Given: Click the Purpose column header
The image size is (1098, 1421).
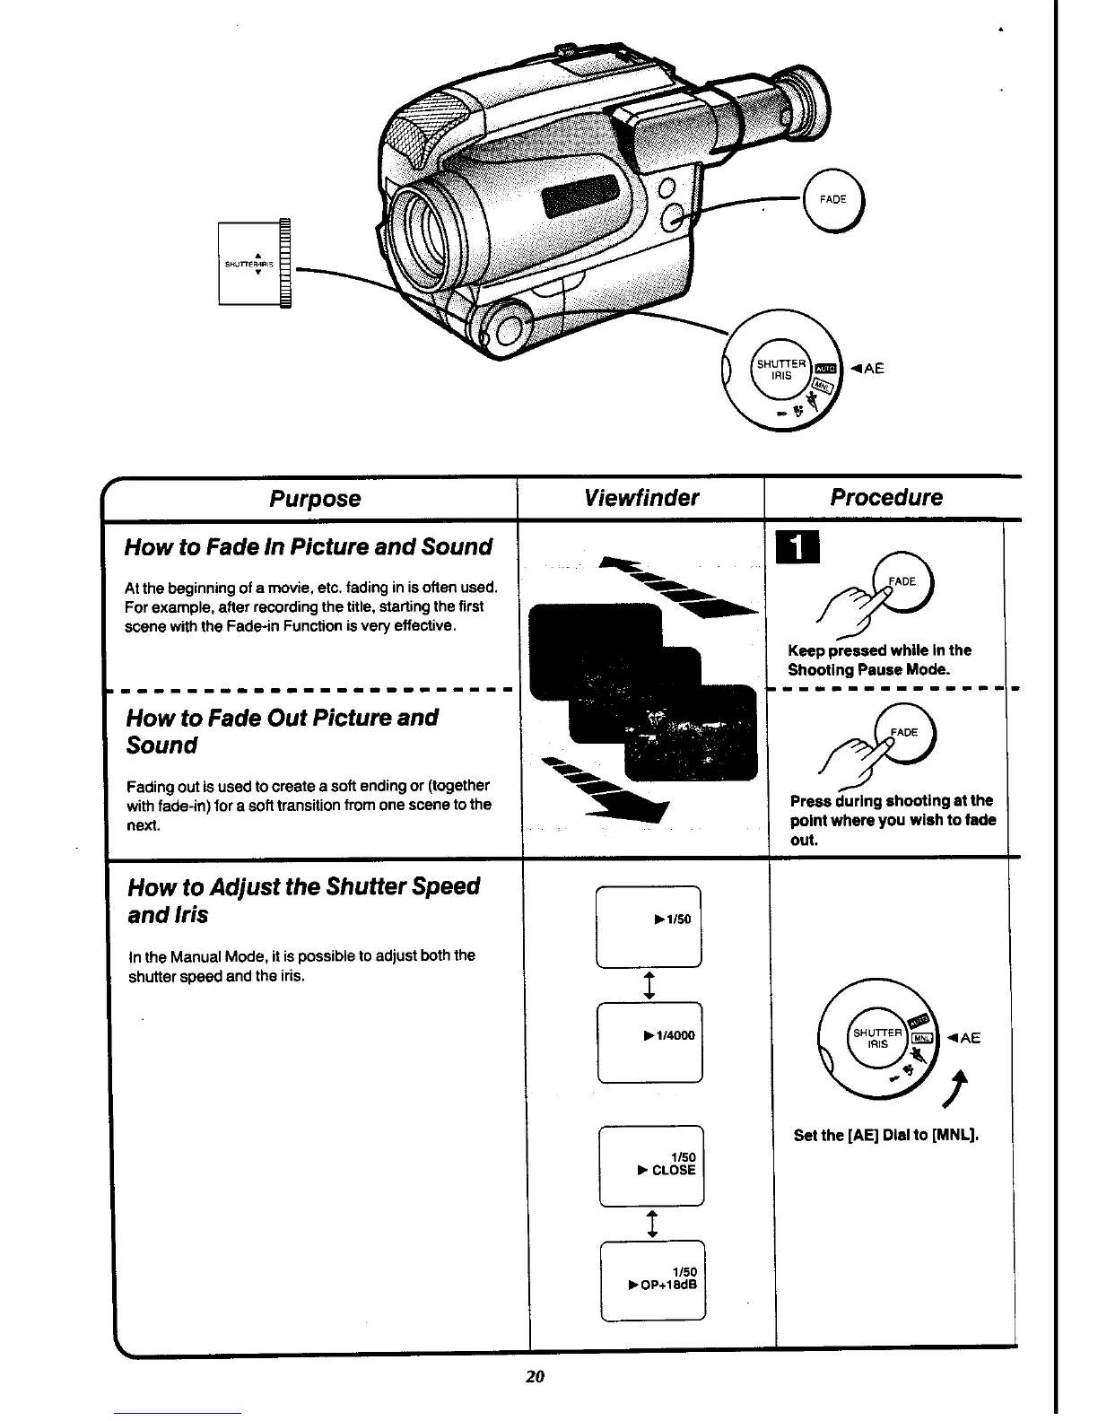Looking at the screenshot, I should [x=315, y=499].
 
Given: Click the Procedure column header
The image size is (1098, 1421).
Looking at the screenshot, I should [x=886, y=498].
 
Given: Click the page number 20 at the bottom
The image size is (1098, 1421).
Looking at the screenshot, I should [x=536, y=1377].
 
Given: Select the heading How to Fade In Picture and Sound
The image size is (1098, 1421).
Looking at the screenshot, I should [x=308, y=547].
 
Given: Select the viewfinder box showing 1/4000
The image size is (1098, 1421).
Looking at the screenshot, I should [x=650, y=1042].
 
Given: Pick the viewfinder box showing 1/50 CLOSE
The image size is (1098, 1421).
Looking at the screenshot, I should [x=652, y=1164].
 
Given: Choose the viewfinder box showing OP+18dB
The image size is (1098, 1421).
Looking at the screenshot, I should [x=653, y=1280].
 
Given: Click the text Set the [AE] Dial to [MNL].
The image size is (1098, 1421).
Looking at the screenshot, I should [x=885, y=1136].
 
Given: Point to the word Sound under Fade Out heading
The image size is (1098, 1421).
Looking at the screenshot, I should [x=161, y=745].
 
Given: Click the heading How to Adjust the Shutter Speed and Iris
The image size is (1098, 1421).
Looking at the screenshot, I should [x=303, y=900].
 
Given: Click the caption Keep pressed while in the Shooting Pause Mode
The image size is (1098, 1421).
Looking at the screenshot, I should [x=878, y=660].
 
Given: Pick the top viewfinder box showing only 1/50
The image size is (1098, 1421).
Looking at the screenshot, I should [x=649, y=927].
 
